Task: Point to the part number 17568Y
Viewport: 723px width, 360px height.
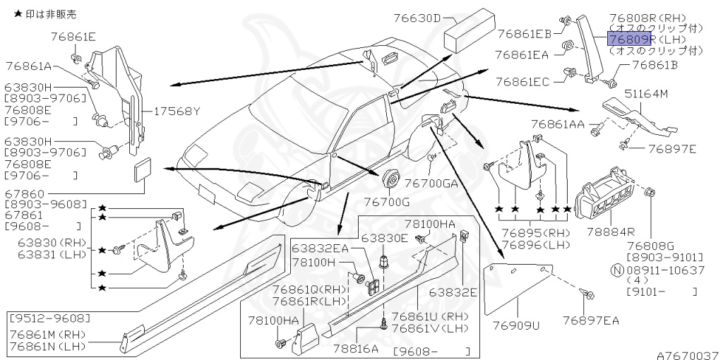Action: pos(174,110)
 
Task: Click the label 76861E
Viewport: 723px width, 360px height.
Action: pos(73,35)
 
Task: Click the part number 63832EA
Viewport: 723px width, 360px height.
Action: pos(321,248)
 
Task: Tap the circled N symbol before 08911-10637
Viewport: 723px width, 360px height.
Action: pos(616,270)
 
